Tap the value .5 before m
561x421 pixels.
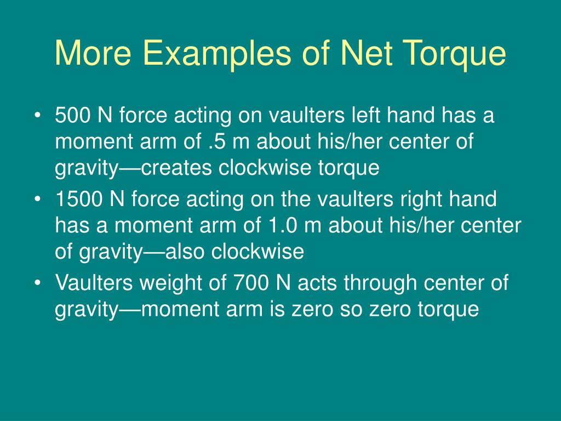pos(217,143)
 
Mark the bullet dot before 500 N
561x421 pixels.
pos(37,117)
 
